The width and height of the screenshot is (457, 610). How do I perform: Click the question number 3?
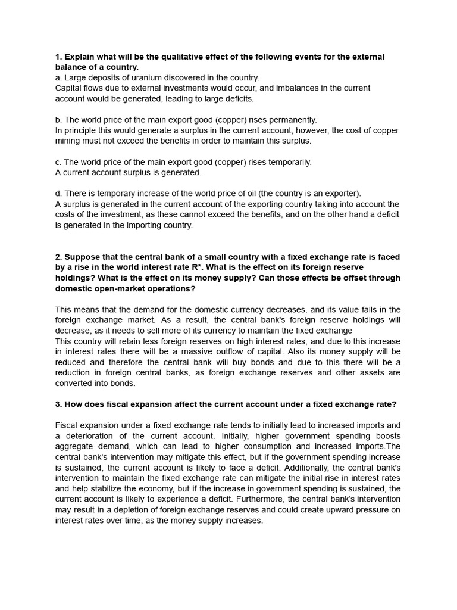click(58, 404)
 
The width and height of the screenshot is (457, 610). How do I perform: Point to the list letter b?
click(58, 120)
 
